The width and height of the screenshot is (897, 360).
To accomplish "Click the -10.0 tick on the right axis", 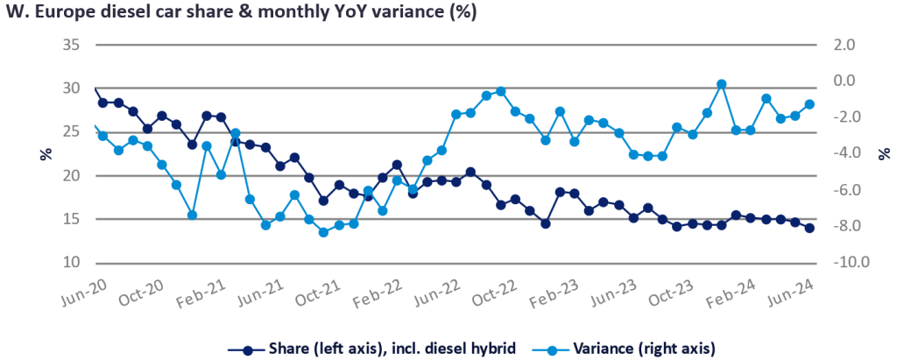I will point(836,263).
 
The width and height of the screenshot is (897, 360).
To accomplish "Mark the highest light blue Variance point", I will point(721,84).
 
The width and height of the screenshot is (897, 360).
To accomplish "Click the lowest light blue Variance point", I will point(323,232).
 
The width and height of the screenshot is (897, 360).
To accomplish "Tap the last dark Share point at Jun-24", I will point(809,228).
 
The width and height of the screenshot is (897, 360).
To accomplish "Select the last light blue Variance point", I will point(809,104).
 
